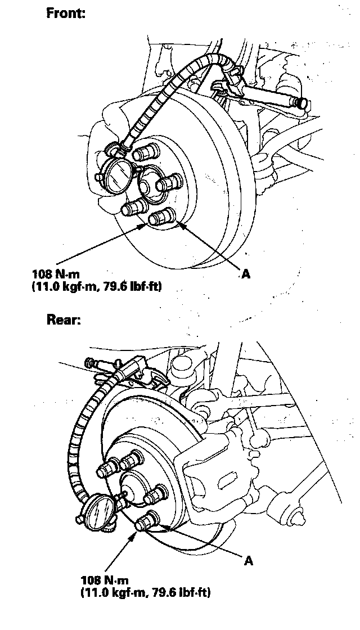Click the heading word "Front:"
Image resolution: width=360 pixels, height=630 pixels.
coord(65,13)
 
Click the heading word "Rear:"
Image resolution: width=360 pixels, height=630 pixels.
coord(63,321)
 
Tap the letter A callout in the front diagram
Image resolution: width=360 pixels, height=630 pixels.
coord(245,274)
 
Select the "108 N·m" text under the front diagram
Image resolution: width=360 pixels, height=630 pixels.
coord(56,276)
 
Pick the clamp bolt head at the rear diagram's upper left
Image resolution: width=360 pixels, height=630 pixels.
coord(91,364)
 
